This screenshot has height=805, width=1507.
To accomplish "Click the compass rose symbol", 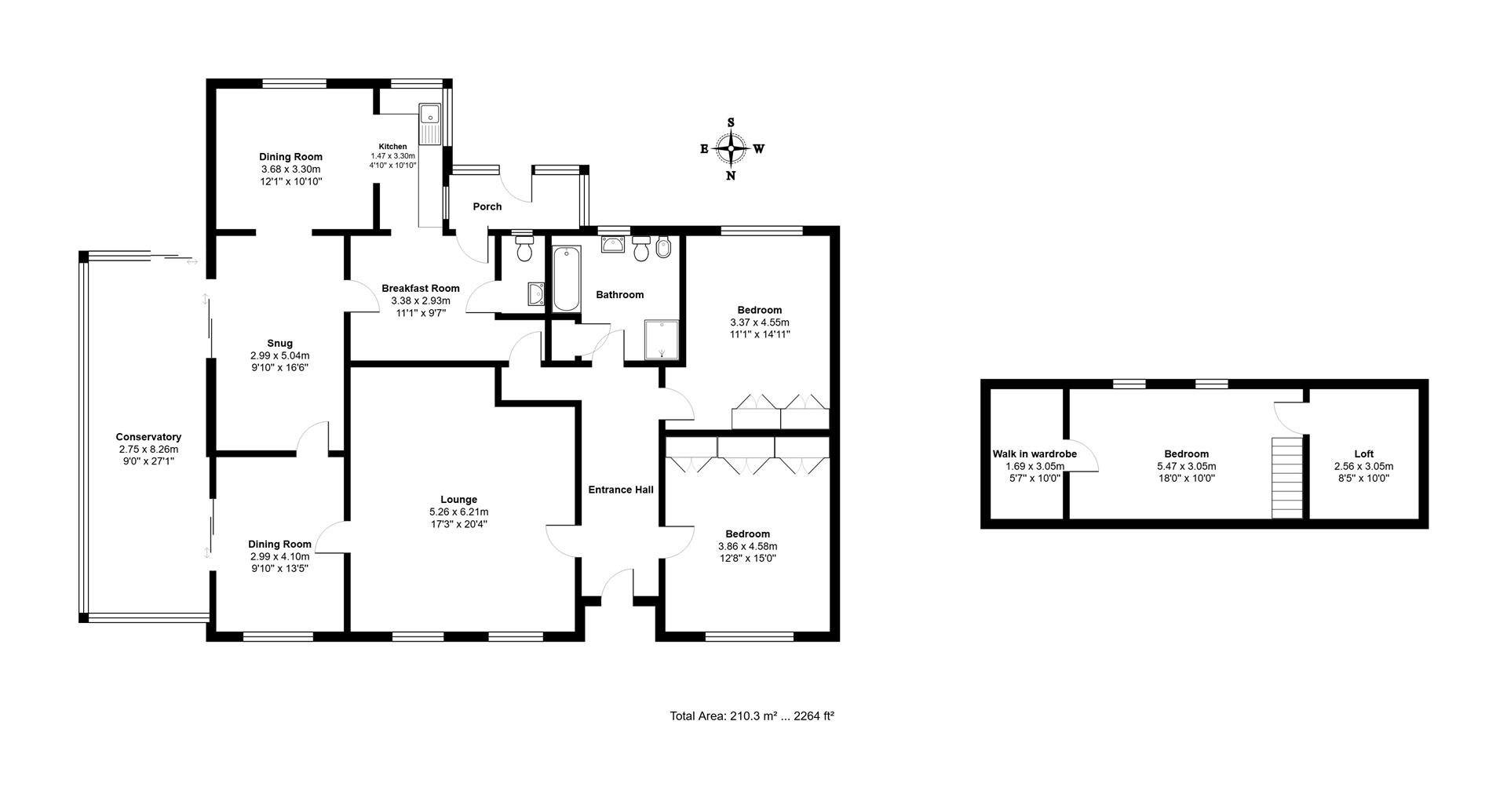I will pos(731,148).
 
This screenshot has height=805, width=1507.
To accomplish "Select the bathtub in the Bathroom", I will pos(566,279).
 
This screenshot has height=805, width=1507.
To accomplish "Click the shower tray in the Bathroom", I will pos(662,339).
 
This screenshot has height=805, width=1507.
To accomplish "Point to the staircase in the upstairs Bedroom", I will pos(1287,477).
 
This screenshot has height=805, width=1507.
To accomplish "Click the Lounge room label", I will pos(459,500).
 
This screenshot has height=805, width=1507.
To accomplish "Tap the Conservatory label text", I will pos(148,437).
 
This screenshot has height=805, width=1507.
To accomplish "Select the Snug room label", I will pos(279,343).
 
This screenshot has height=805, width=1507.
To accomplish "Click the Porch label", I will pos(487,207).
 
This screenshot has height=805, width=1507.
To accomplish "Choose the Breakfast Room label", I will pos(421,288).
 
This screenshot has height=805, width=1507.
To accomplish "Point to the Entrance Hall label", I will pos(621,490).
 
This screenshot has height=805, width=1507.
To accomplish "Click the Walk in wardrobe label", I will pos(1034,454).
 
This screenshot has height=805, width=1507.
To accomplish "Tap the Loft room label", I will pos(1363,453).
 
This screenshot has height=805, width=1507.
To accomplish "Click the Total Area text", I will pos(751,716).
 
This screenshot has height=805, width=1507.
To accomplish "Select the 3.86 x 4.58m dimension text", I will pos(747,546).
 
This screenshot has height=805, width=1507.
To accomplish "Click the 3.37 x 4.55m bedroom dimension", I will pos(759,322).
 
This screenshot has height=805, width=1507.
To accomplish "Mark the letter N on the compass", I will pos(731,176).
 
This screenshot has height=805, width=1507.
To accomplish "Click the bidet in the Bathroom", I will pos(663,249).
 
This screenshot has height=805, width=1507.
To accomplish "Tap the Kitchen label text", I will pos(392,147).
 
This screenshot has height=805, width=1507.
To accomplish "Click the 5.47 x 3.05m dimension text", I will pos(1186,466).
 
